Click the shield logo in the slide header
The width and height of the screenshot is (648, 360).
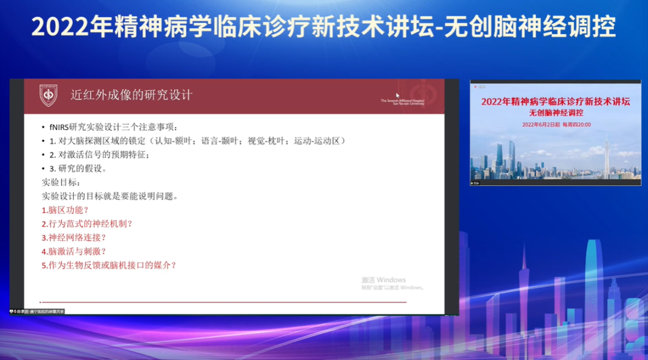[48, 95]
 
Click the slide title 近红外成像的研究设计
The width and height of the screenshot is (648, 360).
[131, 95]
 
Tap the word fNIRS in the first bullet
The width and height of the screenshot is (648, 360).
[59, 127]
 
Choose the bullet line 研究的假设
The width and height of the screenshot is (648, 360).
[82, 169]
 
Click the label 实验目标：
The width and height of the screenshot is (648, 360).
[61, 182]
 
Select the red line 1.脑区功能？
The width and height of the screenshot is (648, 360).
[65, 210]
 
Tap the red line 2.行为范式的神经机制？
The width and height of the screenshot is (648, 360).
[87, 224]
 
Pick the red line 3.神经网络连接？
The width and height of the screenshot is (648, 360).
[74, 238]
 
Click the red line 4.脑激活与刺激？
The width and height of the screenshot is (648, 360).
[74, 251]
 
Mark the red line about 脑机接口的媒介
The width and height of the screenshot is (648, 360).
[109, 265]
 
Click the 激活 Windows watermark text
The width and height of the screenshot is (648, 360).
[383, 280]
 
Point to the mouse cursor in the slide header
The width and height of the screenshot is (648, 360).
[398, 95]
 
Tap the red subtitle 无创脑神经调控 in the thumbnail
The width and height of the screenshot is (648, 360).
[556, 113]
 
